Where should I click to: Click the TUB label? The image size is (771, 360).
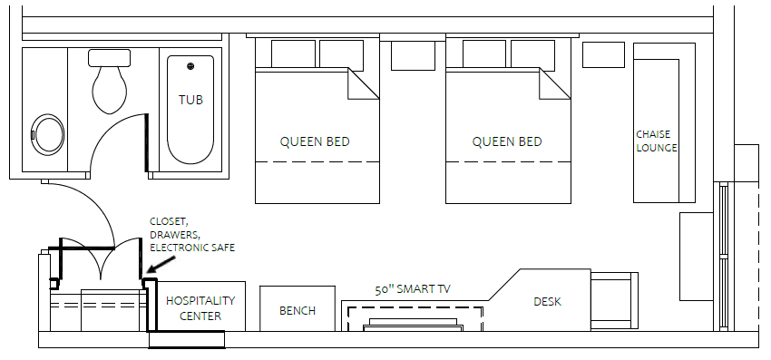190,100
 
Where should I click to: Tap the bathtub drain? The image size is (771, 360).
190,66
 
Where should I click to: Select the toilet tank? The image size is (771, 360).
109,57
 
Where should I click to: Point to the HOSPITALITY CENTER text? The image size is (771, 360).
200,308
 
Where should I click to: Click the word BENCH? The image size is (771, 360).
298,311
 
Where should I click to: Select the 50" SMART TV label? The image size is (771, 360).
413,289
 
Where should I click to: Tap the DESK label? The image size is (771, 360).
547,301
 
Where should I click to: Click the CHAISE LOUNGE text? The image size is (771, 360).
657,141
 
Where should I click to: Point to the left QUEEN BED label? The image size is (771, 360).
315,141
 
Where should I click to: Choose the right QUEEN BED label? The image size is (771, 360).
507,141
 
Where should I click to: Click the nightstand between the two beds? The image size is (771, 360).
413,55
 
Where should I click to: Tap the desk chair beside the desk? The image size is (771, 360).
614,300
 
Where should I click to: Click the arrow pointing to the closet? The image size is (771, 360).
161,264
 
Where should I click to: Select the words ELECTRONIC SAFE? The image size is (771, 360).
192,248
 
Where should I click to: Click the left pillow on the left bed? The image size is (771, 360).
293,54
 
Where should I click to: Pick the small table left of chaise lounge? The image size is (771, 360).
603,54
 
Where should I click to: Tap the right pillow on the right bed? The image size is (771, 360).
533,54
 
